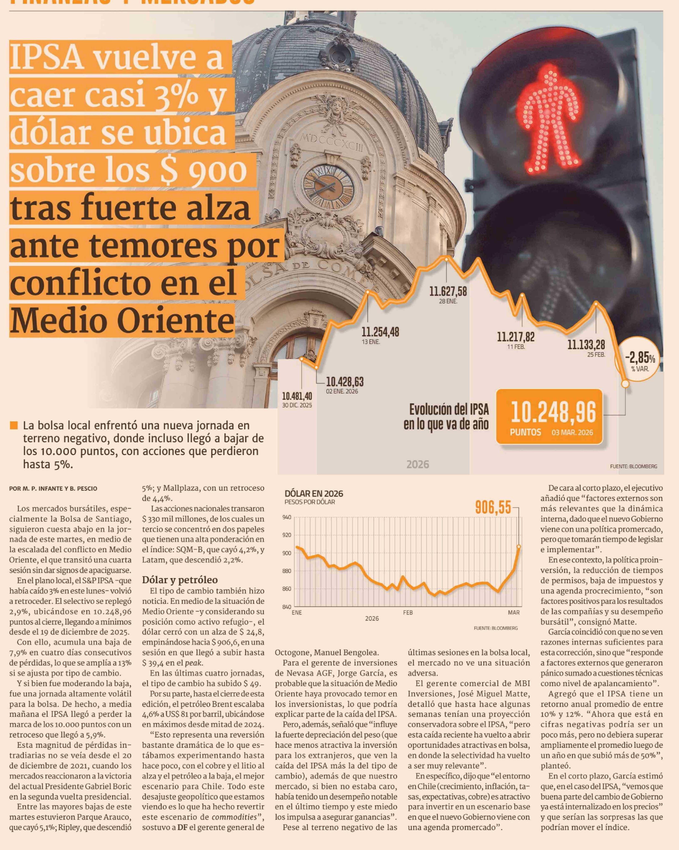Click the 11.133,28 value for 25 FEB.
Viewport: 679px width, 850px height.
click(x=586, y=345)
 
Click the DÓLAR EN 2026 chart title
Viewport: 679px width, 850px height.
click(x=314, y=494)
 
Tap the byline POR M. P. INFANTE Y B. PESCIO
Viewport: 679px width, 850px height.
click(x=53, y=489)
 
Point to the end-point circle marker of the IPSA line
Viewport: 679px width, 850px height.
click(x=625, y=383)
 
